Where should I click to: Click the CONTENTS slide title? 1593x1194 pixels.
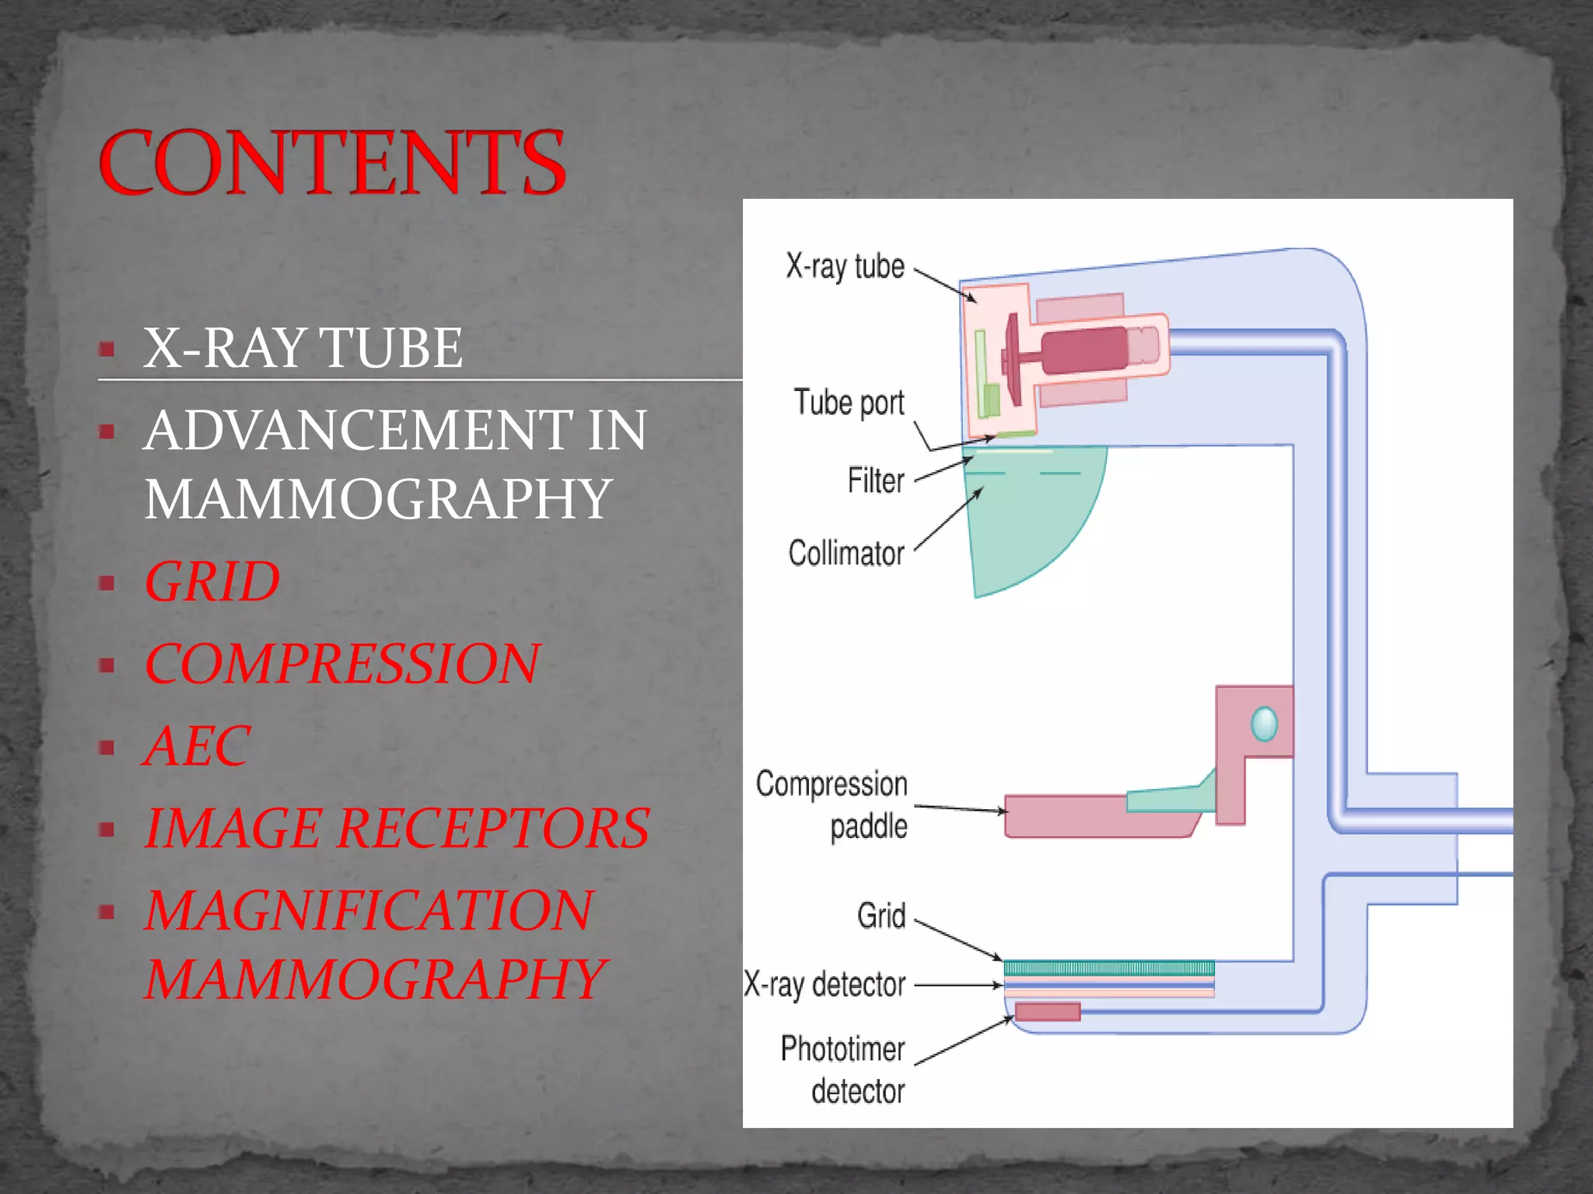(332, 162)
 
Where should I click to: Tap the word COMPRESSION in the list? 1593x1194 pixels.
(341, 664)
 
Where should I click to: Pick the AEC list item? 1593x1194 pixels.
(197, 746)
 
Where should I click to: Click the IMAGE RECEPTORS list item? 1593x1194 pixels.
(397, 828)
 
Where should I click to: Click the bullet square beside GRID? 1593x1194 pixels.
(107, 583)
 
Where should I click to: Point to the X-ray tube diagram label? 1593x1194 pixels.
(845, 267)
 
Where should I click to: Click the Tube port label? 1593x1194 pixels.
(849, 403)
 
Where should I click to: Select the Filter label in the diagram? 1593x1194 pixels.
(876, 480)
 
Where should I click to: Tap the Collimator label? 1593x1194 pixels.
(846, 553)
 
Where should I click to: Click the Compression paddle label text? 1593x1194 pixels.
(832, 805)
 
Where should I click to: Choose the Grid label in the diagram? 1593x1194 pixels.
(881, 916)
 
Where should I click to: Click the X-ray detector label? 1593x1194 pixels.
(825, 985)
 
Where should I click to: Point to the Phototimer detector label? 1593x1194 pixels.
(844, 1070)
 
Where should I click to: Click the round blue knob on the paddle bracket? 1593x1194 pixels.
(1264, 724)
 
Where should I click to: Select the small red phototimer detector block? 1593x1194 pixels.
(1048, 1011)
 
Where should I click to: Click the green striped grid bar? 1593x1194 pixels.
(1108, 968)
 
